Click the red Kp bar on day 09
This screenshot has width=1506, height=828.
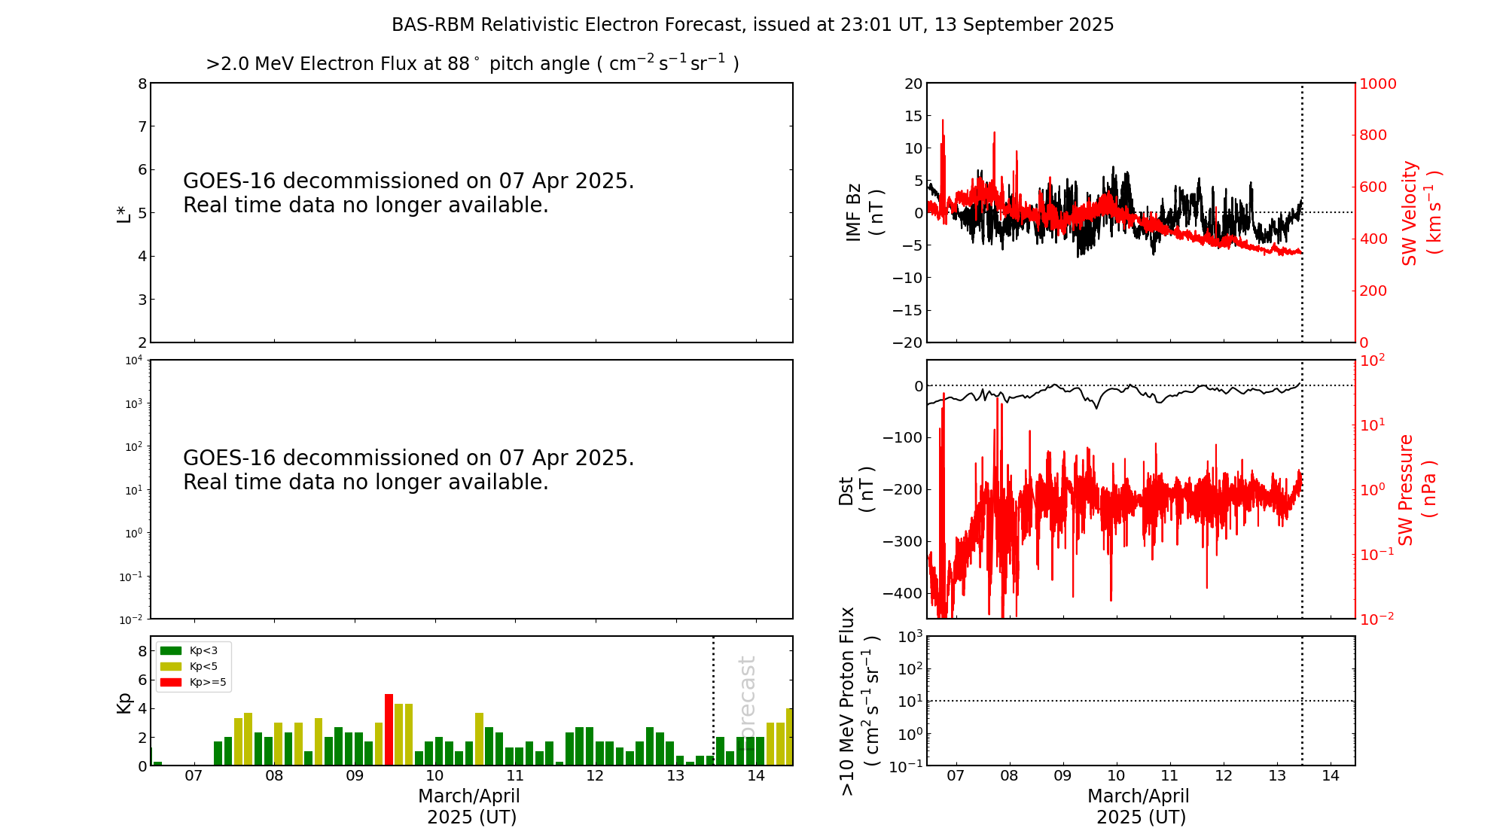click(x=389, y=729)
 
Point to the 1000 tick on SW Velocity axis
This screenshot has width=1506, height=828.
click(x=1377, y=84)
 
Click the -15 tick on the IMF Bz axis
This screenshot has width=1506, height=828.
click(x=907, y=310)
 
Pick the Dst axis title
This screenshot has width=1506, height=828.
click(x=856, y=490)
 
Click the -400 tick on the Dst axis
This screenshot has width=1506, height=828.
click(x=902, y=593)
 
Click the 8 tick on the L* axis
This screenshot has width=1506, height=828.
click(x=142, y=84)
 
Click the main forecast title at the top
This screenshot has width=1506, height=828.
click(x=752, y=25)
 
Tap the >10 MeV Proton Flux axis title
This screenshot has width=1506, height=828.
click(x=859, y=701)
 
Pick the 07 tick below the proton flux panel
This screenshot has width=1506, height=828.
click(x=956, y=776)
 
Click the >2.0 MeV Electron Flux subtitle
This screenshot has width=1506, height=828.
click(x=472, y=63)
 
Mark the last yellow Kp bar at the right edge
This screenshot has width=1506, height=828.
click(x=789, y=737)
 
